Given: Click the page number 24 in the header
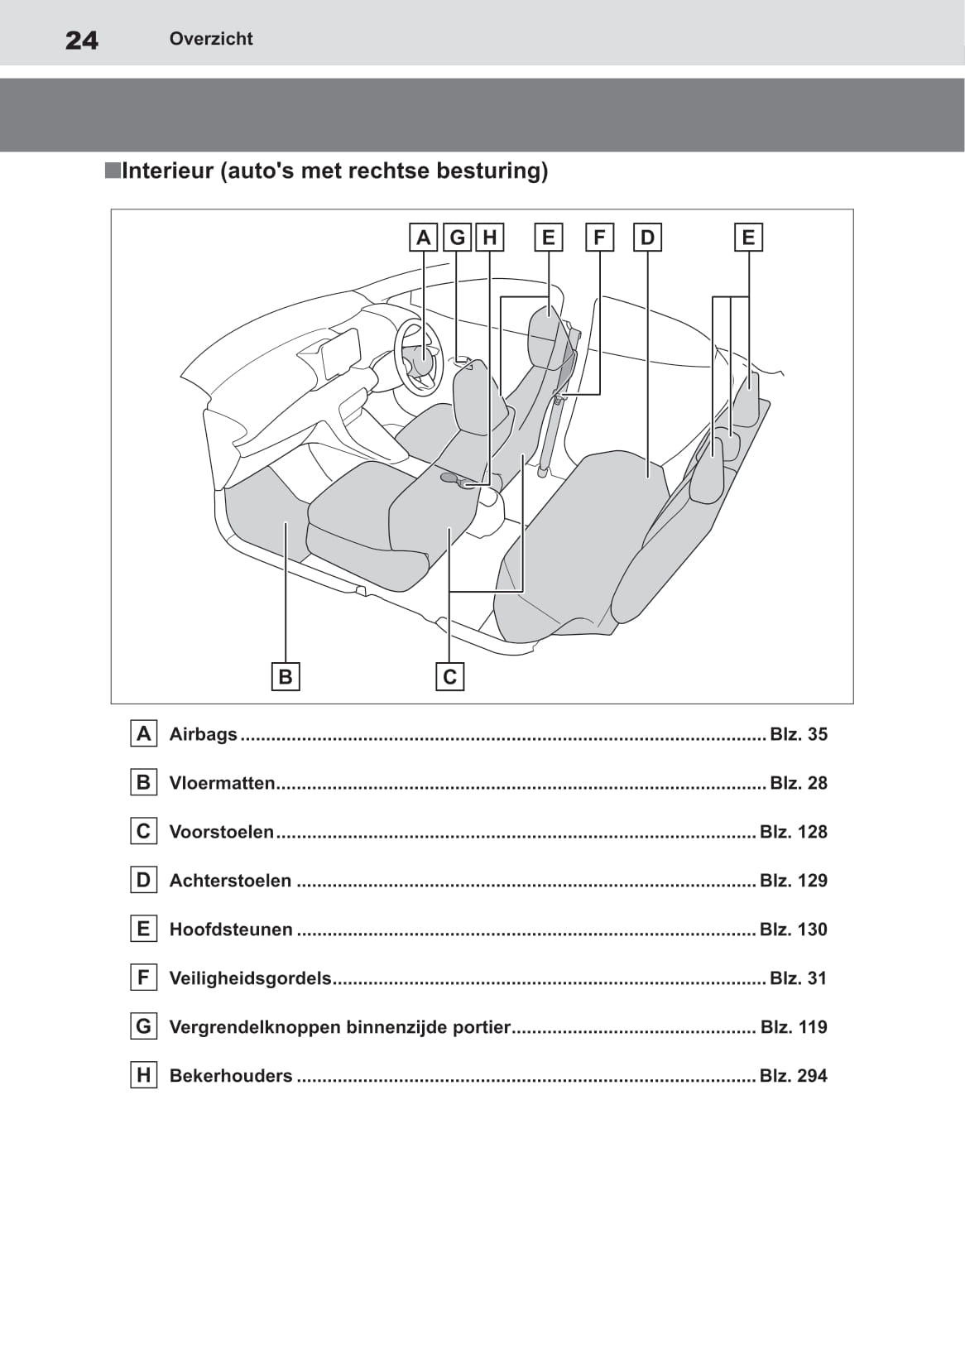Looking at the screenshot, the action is tap(81, 41).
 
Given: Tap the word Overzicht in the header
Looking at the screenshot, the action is tap(211, 39).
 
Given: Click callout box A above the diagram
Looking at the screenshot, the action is tap(423, 238).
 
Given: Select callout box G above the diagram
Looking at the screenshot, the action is tap(457, 238).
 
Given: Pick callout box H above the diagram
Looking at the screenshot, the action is tap(489, 238).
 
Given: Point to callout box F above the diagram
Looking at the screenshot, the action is tap(599, 238).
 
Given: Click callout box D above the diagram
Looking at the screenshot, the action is tap(647, 238).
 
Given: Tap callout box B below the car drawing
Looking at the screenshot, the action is tap(286, 676).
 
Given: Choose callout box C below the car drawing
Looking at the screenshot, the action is tap(449, 676).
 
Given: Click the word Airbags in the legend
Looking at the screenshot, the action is tap(203, 734).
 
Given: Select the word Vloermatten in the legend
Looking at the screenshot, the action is tap(222, 783).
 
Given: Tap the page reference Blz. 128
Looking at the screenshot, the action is tap(793, 832).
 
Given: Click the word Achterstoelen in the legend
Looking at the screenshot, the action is tap(230, 881).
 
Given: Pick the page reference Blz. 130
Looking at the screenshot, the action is tap(793, 929).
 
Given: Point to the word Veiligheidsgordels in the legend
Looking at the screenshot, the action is tap(251, 978).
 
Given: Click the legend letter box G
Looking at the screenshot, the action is tap(144, 1026).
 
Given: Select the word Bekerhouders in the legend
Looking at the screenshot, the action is tap(231, 1076).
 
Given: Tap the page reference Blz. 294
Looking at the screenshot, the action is tap(793, 1076).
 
